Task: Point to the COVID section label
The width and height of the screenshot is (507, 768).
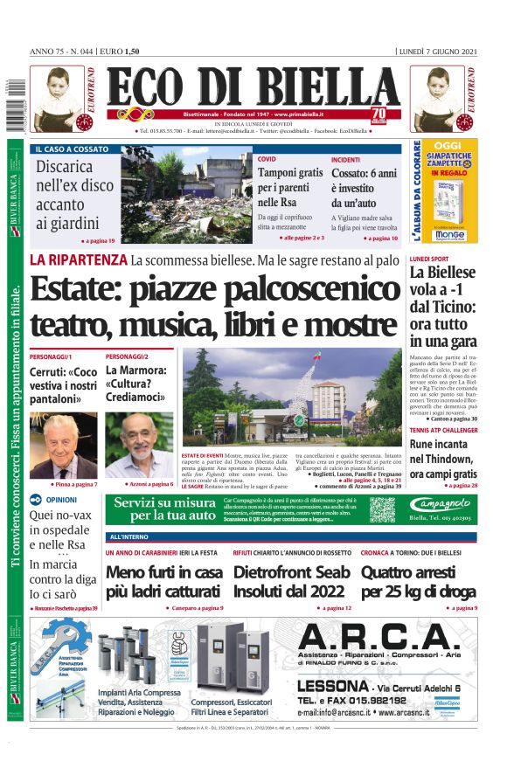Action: pos(266,160)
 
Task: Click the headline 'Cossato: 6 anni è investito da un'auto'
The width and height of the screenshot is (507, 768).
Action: pos(364,188)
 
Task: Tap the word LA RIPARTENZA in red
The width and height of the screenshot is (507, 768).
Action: pos(78,259)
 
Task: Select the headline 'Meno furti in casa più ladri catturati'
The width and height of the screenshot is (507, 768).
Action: pos(163,582)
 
